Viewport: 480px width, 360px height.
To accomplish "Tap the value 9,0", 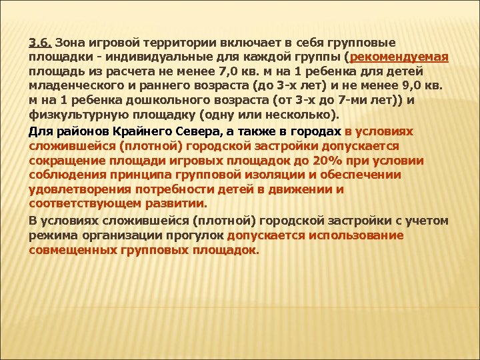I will [397, 86].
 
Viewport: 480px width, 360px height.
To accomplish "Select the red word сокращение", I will [63, 161].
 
